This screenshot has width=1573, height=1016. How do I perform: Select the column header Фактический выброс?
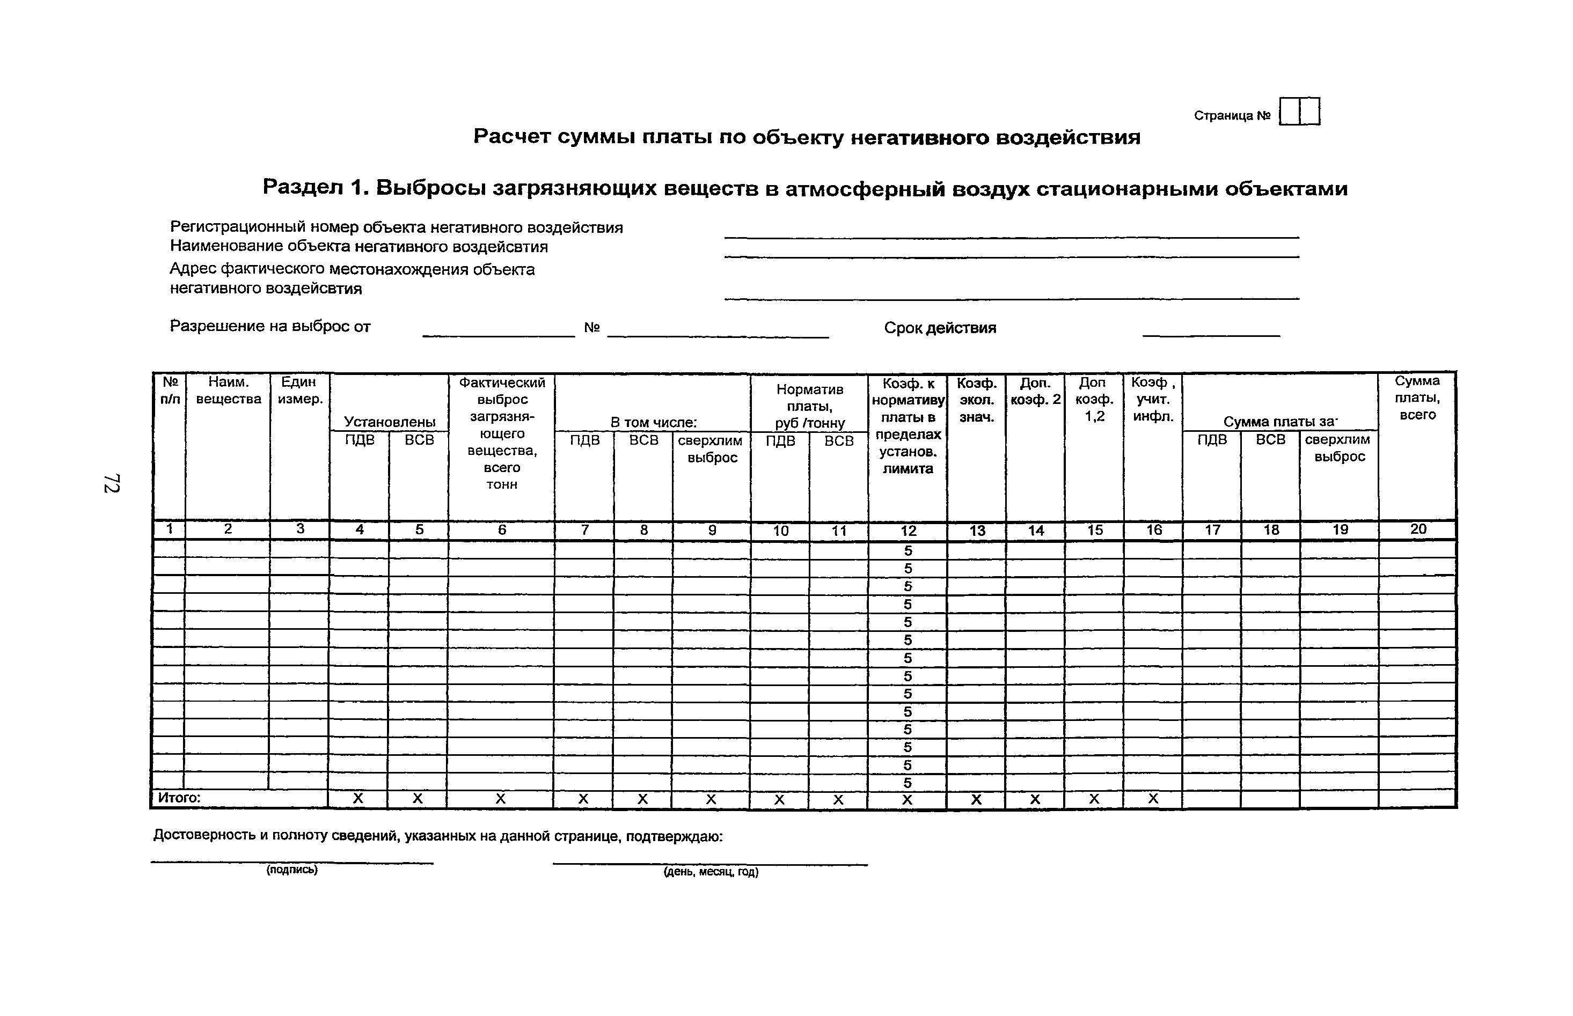tap(502, 433)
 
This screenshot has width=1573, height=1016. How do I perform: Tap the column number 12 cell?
tap(908, 531)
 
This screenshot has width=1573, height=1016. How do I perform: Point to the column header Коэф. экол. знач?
tap(976, 400)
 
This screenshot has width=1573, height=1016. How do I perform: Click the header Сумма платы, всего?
tap(1417, 398)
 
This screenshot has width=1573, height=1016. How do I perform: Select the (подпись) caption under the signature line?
tap(292, 870)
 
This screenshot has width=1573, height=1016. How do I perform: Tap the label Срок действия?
tap(940, 328)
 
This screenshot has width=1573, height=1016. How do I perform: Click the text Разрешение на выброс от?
tap(270, 327)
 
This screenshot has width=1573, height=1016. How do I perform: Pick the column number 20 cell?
tap(1417, 529)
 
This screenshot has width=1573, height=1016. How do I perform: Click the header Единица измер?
tap(299, 391)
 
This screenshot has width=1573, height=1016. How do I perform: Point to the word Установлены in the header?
tap(390, 422)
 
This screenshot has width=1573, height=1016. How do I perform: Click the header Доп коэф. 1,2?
tap(1094, 399)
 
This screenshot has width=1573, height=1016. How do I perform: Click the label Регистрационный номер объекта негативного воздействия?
tap(396, 227)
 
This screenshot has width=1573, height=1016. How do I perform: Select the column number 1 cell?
tap(170, 529)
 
